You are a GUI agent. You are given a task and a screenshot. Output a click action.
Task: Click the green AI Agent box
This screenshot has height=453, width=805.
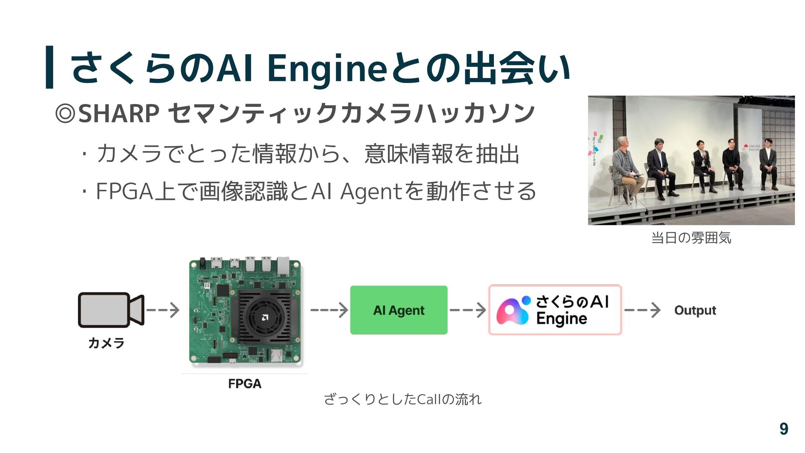399,310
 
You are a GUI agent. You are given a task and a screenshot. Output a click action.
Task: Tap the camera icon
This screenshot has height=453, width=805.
111,310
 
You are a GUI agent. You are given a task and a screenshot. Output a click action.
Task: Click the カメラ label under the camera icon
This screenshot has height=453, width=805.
106,343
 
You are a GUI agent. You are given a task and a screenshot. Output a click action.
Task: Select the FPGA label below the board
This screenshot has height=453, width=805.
244,384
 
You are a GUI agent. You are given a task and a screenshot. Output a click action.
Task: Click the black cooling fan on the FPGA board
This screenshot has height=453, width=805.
264,317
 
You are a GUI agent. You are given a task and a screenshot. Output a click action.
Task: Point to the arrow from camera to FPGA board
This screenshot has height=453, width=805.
163,310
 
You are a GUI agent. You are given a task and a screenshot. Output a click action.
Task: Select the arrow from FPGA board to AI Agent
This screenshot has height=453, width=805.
329,310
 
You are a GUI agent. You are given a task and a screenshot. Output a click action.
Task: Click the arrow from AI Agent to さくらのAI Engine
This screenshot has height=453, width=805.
467,310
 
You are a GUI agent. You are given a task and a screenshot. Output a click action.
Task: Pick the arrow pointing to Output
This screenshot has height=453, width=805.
642,310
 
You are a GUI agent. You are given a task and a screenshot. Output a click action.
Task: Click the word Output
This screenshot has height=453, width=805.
695,310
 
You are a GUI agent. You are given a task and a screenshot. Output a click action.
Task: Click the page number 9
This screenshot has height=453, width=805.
784,429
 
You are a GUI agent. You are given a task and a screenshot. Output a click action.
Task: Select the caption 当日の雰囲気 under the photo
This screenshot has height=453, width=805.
691,238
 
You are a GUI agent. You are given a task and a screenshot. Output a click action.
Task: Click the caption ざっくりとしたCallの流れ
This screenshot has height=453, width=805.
402,399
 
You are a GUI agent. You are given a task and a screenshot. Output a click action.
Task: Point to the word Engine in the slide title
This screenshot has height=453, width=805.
327,68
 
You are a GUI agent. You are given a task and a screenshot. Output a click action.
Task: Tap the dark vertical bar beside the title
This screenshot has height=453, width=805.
49,67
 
